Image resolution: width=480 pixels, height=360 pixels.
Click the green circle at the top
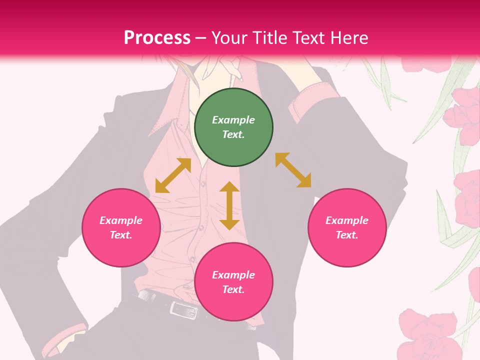coord(233,127)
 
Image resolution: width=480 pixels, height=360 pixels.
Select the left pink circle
coord(121,227)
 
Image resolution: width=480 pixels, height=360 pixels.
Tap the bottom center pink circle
coord(233,282)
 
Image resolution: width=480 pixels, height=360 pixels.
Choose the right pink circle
coord(347,227)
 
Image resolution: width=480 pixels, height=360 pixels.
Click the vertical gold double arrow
coord(229,205)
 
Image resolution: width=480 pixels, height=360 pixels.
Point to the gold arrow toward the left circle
coord(173,175)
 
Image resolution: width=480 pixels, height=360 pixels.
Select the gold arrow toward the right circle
coord(293,170)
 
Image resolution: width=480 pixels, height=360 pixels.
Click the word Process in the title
coord(157,38)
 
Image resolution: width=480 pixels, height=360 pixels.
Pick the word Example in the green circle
coord(233,120)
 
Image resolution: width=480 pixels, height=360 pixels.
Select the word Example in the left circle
coord(121,220)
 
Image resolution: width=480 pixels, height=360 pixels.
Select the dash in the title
coord(201,38)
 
